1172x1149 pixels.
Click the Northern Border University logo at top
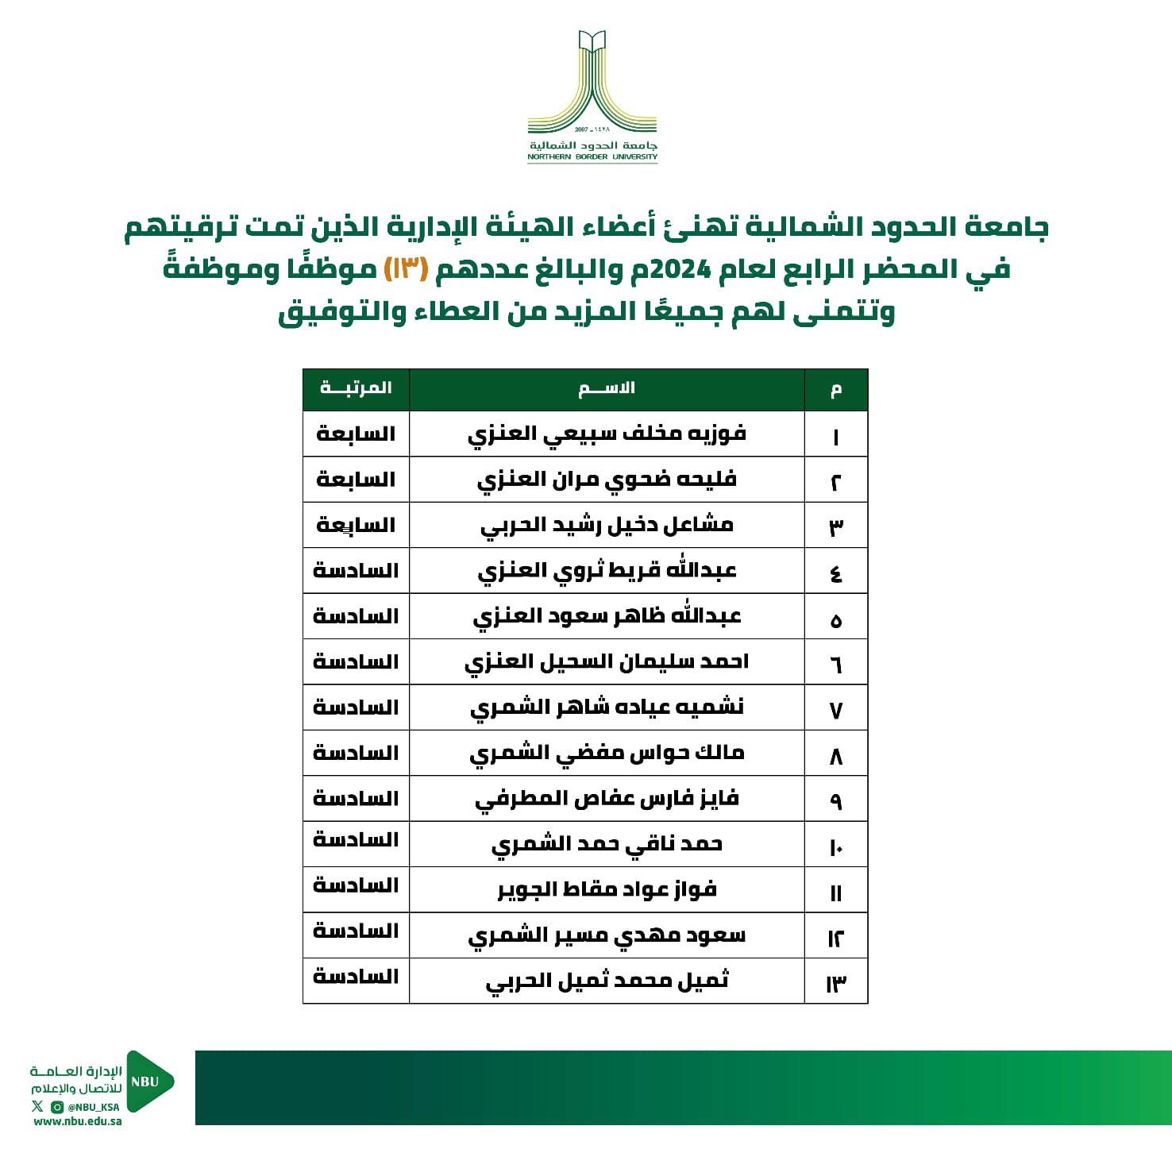[x=592, y=96]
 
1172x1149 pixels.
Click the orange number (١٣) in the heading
[x=407, y=269]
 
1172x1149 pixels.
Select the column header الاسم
[x=607, y=388]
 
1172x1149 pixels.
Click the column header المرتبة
[x=356, y=388]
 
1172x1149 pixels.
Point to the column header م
[x=835, y=389]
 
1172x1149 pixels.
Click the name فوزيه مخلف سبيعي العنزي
[x=607, y=434]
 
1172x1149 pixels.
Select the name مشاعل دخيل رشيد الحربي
[x=607, y=526]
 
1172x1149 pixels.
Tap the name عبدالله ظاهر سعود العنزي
[x=607, y=617]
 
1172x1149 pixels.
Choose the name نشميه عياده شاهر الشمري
[x=607, y=708]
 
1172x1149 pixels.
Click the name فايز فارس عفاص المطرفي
[x=607, y=799]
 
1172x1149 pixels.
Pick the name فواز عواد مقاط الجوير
[x=607, y=890]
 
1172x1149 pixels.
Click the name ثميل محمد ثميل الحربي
[x=607, y=981]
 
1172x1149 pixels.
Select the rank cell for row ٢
[x=356, y=480]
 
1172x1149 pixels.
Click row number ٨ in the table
[x=835, y=755]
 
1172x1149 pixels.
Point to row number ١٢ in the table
[x=835, y=938]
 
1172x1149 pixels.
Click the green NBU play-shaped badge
[x=148, y=1082]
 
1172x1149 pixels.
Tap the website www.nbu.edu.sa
[x=78, y=1122]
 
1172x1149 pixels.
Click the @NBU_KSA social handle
[x=93, y=1107]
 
